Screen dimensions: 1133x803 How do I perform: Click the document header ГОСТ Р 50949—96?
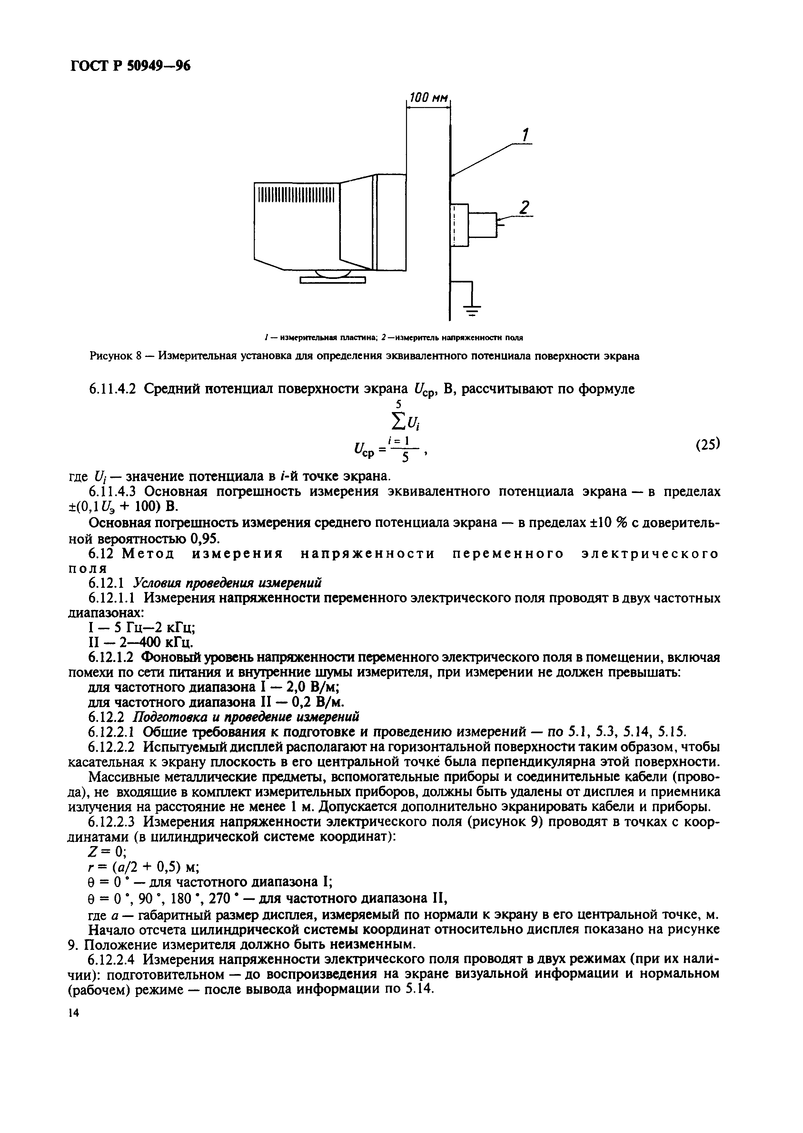[x=129, y=66]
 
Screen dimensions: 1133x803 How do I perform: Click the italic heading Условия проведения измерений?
[x=228, y=583]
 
